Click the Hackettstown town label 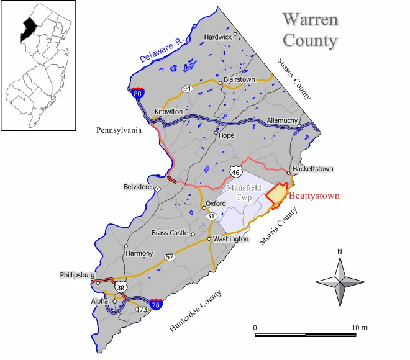(x=314, y=168)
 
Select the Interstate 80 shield (x=138, y=94)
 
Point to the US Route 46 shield (x=235, y=172)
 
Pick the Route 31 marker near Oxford (x=212, y=215)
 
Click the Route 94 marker (x=186, y=89)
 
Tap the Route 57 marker (x=170, y=256)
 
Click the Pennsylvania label (x=119, y=130)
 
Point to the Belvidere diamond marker (x=158, y=188)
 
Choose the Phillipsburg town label (x=78, y=274)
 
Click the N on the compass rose (x=340, y=251)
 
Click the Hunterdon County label (x=195, y=312)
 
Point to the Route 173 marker (x=142, y=308)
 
